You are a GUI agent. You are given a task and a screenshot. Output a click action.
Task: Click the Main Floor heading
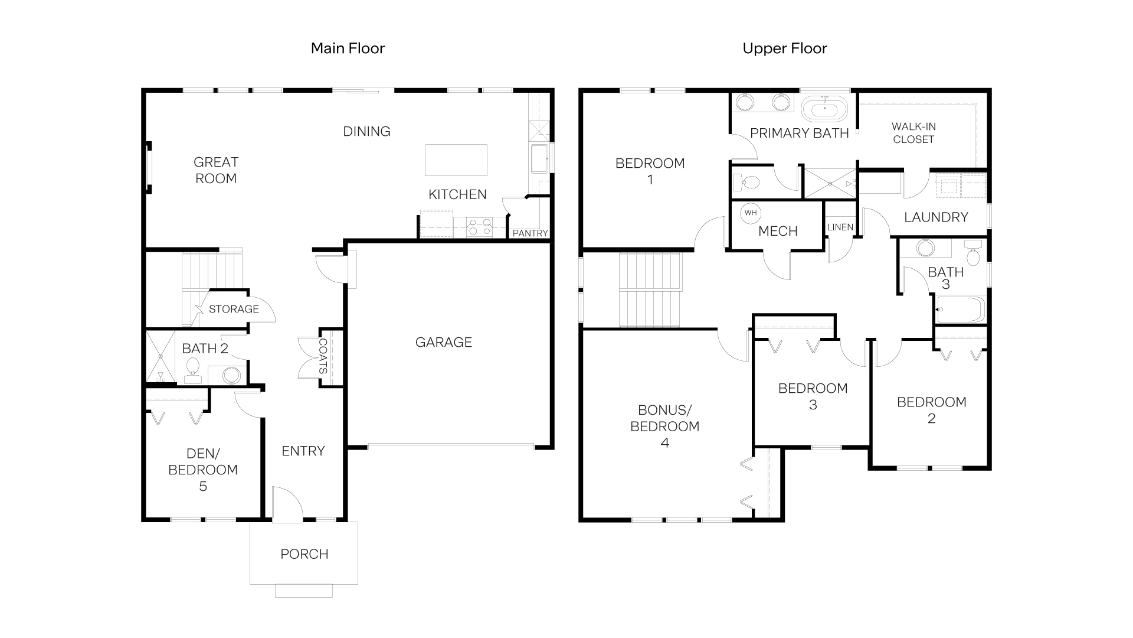coord(348,48)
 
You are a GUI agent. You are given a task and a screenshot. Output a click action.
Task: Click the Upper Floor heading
coord(784,48)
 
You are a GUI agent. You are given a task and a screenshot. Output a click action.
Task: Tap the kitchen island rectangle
coord(456,160)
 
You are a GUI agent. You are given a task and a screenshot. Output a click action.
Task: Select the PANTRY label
coord(530,233)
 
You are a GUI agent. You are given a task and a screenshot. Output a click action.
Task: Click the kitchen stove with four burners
coord(479,226)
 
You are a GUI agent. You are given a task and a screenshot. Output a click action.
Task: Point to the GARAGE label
coord(444,343)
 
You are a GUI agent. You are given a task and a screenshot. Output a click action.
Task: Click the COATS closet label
coord(323,356)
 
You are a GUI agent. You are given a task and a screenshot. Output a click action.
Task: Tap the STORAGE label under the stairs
coord(234,309)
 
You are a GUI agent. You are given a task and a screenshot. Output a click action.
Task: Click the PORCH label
coord(304,554)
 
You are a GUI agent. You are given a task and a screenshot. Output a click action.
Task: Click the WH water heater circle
coord(750,213)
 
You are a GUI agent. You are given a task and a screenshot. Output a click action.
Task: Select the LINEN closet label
coord(840,227)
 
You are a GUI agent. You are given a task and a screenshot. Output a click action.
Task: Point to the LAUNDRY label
coord(936,217)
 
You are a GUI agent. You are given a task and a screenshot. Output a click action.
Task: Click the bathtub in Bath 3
coord(960,310)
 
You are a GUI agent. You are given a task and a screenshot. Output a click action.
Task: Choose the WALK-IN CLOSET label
coord(913,133)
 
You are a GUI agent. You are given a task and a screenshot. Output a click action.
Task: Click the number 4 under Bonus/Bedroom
coord(665,443)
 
